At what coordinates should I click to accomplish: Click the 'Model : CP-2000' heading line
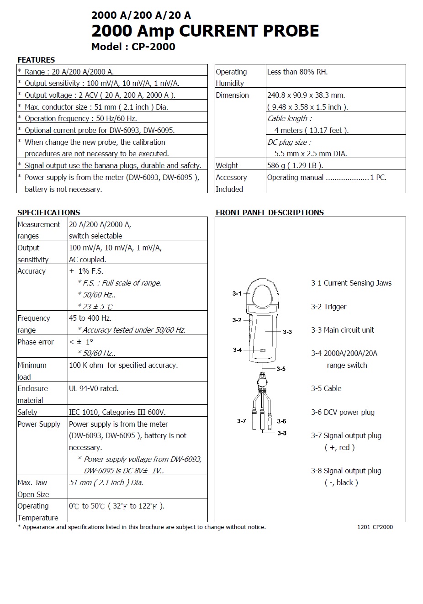[133, 47]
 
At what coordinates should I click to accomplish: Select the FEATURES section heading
[36, 60]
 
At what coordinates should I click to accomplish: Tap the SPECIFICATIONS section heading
[48, 212]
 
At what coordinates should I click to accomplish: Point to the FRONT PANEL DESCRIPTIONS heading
[270, 212]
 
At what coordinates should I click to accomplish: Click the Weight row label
[227, 165]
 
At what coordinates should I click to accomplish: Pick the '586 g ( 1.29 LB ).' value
[295, 165]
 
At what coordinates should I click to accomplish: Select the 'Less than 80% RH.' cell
[297, 72]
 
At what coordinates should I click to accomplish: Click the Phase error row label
[36, 342]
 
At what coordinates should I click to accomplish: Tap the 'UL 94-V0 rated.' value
[94, 388]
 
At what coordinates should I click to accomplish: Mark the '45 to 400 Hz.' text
[90, 318]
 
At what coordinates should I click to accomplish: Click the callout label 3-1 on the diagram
[237, 293]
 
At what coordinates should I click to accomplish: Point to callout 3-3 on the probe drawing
[287, 332]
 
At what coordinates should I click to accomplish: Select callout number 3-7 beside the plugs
[242, 421]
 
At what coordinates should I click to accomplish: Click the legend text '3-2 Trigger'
[329, 307]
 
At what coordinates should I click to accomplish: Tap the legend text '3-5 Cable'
[326, 388]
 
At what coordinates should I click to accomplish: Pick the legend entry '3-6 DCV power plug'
[343, 412]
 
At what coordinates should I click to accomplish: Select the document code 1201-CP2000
[375, 527]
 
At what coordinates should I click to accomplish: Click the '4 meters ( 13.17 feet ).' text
[312, 130]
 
